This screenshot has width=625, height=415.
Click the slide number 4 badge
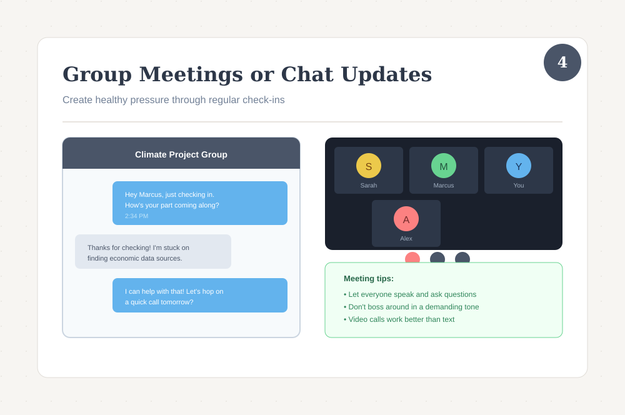[562, 62]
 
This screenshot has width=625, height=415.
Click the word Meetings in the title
[191, 74]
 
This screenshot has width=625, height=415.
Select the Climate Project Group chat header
[181, 154]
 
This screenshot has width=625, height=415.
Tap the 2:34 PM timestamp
[136, 216]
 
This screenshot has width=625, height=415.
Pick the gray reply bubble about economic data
[152, 252]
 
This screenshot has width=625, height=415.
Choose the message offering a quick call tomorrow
[199, 296]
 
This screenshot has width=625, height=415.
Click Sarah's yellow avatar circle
[369, 166]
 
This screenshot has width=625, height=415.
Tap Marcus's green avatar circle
[444, 166]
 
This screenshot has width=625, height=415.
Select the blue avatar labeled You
[519, 166]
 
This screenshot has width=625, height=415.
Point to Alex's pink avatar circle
[406, 219]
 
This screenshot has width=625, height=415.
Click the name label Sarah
[369, 186]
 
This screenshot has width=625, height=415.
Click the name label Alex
[406, 239]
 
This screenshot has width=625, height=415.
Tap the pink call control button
[412, 257]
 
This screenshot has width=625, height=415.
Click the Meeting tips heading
[369, 279]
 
